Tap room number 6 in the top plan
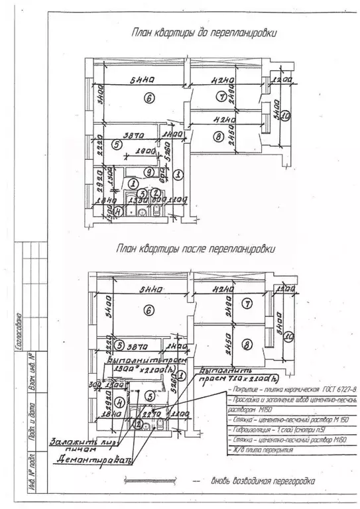150,99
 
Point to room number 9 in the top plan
150,172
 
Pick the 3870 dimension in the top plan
133,133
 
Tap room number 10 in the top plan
284,117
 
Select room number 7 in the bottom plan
247,304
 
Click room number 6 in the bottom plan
149,310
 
